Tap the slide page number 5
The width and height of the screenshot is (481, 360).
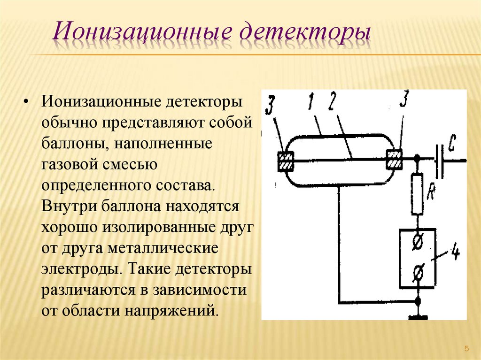tap(466, 348)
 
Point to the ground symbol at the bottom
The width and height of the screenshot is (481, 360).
tap(418, 317)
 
